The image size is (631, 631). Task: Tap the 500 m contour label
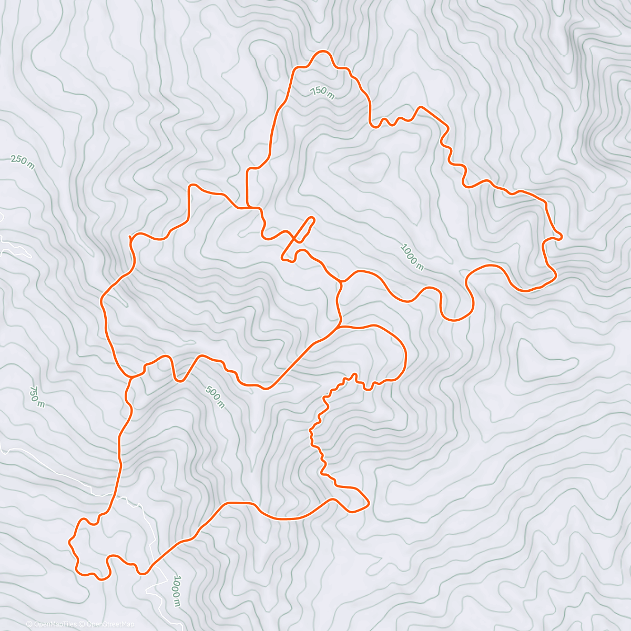point(215,398)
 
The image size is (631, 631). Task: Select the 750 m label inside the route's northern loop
point(322,93)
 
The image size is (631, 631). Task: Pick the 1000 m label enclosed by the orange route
point(412,256)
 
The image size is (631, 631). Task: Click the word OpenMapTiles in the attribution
point(55,624)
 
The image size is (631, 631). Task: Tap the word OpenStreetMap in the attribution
point(110,624)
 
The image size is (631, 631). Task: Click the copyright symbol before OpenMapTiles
point(29,624)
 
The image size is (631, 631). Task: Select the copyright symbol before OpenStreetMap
point(83,624)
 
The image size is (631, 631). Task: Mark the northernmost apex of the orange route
point(322,52)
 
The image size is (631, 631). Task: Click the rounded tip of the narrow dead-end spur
point(312,219)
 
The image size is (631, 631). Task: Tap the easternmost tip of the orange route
point(561,237)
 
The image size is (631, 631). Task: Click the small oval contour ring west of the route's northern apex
point(272,65)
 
